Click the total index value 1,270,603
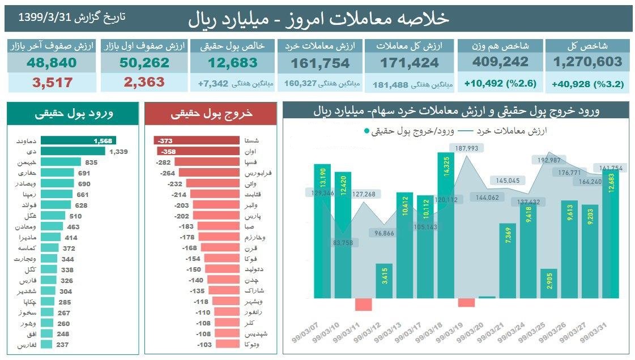(x=587, y=62)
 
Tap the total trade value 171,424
(x=410, y=63)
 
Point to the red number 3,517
(x=52, y=83)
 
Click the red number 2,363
(x=144, y=82)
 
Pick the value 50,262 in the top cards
(x=144, y=63)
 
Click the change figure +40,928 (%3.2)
(x=587, y=84)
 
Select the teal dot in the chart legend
(x=367, y=131)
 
